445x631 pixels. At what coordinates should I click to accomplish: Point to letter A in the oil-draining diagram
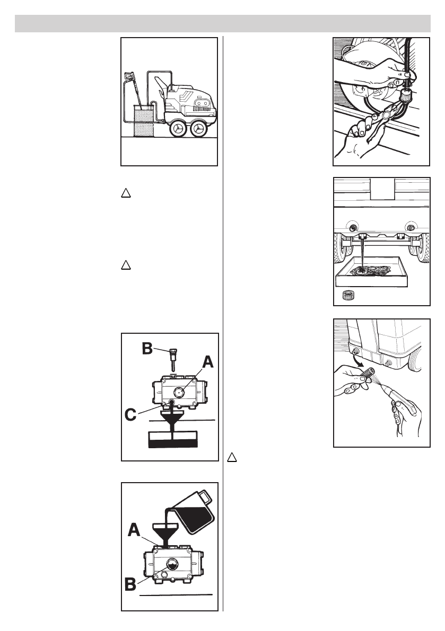(x=207, y=362)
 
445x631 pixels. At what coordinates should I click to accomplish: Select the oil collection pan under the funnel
(x=173, y=439)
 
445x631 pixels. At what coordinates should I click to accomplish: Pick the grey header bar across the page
(x=222, y=24)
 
